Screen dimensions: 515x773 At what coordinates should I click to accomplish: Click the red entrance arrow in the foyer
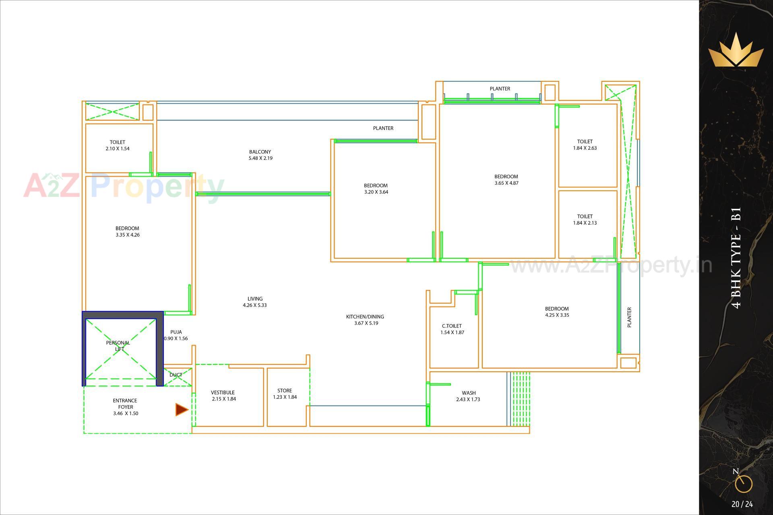point(182,410)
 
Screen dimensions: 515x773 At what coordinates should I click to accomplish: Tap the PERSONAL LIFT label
point(118,346)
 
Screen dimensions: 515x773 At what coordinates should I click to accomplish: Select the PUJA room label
point(176,332)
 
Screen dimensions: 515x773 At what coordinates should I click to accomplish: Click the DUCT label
point(176,375)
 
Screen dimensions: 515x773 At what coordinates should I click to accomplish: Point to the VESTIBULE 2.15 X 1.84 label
point(223,396)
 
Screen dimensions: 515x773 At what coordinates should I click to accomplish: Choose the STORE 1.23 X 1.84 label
point(285,393)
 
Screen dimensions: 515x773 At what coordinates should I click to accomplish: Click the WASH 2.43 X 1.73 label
point(468,396)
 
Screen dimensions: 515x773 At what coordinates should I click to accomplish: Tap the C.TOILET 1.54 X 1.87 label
point(452,329)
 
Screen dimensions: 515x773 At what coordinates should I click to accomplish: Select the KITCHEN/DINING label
point(365,317)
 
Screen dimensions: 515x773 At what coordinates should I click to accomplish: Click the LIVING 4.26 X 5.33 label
point(255,302)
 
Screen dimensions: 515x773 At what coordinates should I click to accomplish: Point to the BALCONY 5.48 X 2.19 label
point(260,155)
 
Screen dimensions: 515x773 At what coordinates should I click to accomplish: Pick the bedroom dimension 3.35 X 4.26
point(128,235)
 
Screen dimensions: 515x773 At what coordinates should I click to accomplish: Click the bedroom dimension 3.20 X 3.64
point(376,192)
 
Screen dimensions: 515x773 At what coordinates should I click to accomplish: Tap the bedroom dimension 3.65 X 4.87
point(506,183)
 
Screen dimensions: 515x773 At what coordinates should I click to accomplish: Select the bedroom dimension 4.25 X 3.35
point(557,315)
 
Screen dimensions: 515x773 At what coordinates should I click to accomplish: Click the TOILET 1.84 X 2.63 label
point(585,144)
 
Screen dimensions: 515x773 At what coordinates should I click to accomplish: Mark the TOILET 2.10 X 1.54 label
point(118,145)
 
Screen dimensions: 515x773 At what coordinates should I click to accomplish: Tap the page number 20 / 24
point(742,504)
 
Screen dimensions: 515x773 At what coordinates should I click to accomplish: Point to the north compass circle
point(743,484)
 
